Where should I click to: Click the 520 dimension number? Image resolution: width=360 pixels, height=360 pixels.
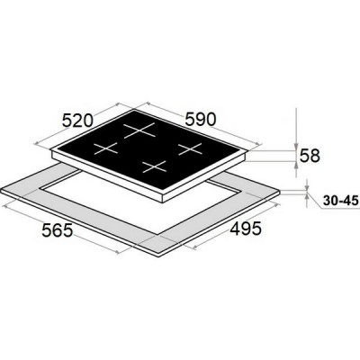coord(77,121)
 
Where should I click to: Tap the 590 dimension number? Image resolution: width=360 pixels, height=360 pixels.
coord(200,120)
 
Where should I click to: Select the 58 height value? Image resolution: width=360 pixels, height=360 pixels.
coord(310,156)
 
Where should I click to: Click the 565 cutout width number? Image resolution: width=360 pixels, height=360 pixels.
coord(57,230)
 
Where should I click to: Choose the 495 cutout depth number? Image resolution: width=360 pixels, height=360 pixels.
coord(246,229)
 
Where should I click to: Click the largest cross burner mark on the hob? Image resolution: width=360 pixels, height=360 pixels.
coord(139,130)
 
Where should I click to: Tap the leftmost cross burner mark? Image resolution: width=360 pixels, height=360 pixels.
coord(106,148)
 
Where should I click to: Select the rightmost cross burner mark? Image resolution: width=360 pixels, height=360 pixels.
coord(190,149)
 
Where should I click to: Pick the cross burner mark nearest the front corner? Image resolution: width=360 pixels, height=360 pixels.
coord(154,166)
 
